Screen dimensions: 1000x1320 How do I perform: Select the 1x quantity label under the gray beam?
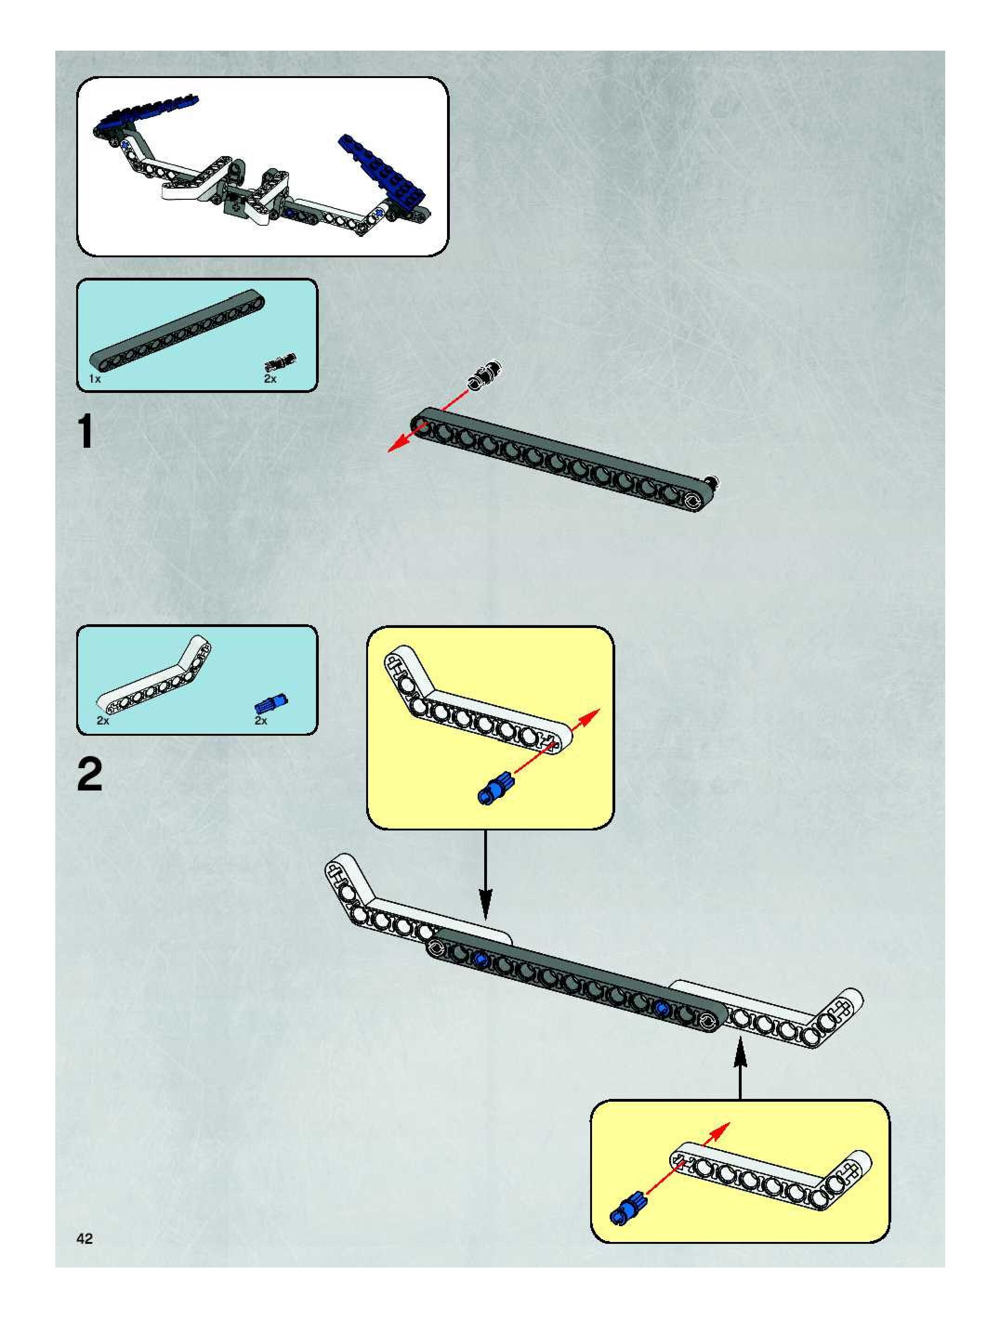pos(94,379)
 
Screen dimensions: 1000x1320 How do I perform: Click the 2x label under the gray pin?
pos(270,379)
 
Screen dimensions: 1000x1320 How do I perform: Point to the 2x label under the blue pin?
pos(261,721)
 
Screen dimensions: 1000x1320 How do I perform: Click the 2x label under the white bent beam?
pos(103,721)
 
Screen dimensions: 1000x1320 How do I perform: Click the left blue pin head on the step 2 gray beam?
pos(480,959)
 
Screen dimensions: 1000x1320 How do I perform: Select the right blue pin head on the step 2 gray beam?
pos(661,1008)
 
